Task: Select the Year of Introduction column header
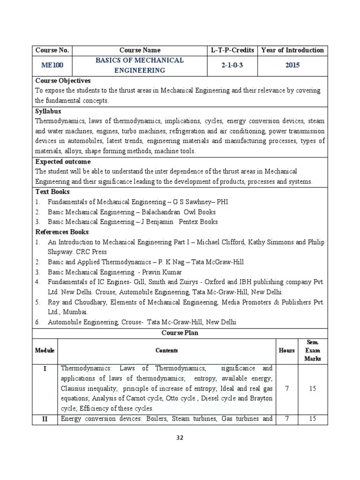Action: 292,50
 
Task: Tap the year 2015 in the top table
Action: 292,66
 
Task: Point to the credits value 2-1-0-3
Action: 232,66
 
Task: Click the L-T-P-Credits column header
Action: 232,50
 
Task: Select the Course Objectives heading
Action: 63,81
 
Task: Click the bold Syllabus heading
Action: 48,112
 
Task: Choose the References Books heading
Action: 62,232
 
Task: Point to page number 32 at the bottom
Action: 180,438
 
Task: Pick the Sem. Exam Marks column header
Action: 312,351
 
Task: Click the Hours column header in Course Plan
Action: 287,351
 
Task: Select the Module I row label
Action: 45,369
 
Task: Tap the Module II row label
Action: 45,419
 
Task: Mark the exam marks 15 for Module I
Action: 312,389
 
